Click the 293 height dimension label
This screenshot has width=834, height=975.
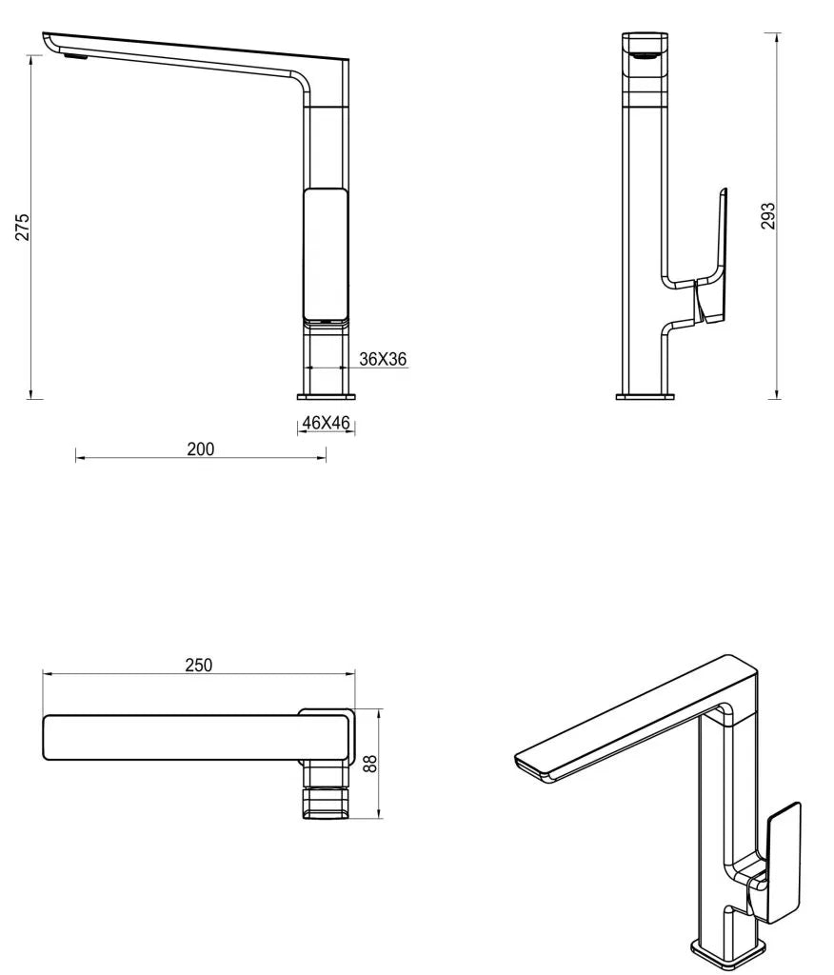pyautogui.click(x=768, y=215)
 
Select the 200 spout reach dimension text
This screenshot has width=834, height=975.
pyautogui.click(x=200, y=449)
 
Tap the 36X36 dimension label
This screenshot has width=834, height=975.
pyautogui.click(x=383, y=359)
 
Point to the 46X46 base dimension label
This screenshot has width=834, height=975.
pyautogui.click(x=327, y=423)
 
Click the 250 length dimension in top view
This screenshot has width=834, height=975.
pyautogui.click(x=198, y=665)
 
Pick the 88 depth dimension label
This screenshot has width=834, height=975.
pyautogui.click(x=370, y=763)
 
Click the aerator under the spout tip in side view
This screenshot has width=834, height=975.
pyautogui.click(x=73, y=56)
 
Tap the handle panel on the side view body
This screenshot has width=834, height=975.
pyautogui.click(x=325, y=253)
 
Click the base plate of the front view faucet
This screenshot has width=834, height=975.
pyautogui.click(x=645, y=395)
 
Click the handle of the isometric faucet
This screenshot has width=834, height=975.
pyautogui.click(x=783, y=863)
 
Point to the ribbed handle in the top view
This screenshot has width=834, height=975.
pyautogui.click(x=327, y=801)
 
